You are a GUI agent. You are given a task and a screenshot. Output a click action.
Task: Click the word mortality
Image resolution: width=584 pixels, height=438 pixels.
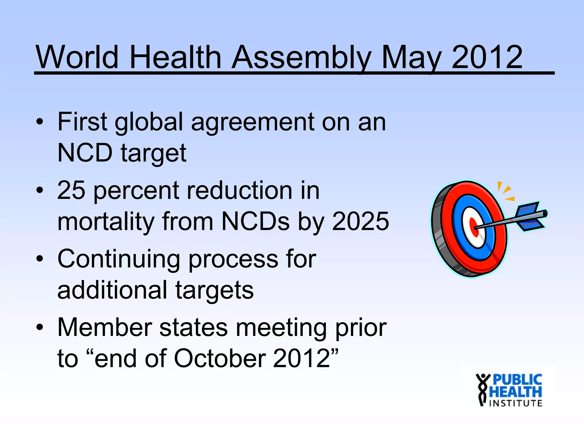pyautogui.click(x=106, y=222)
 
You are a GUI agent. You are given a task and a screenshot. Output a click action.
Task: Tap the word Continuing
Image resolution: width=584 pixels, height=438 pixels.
pyautogui.click(x=119, y=259)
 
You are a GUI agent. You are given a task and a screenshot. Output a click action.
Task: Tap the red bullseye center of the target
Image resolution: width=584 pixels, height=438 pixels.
pyautogui.click(x=474, y=228)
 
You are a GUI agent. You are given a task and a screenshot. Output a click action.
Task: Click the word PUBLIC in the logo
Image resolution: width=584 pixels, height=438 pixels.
pyautogui.click(x=517, y=380)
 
